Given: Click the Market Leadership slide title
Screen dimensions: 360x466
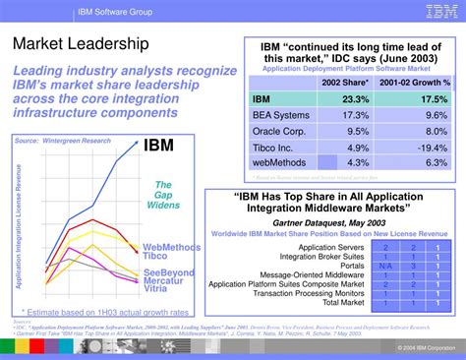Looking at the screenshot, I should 81,45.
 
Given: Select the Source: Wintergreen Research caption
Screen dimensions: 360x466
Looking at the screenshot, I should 59,141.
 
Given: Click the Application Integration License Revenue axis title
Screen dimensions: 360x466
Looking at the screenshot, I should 19,217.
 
